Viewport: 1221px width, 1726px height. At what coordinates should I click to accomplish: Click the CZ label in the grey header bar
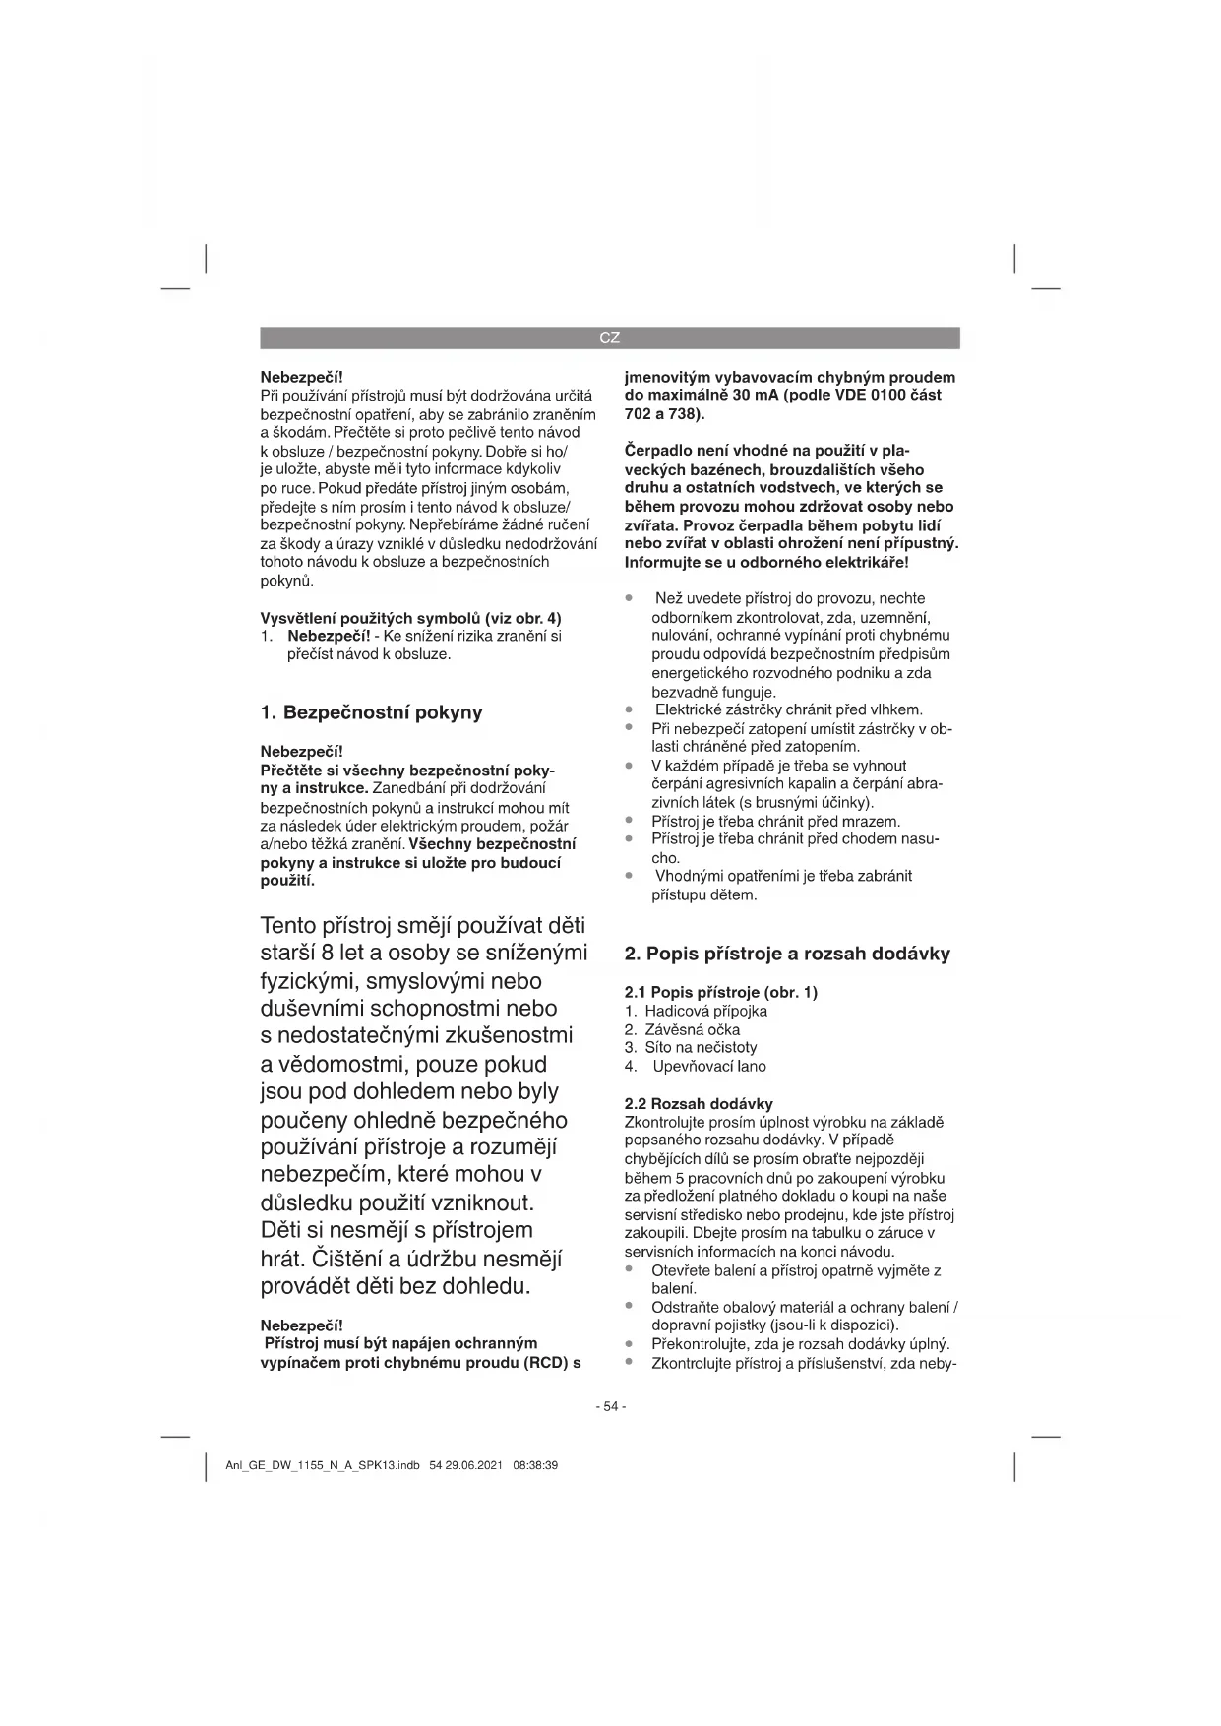[x=609, y=338]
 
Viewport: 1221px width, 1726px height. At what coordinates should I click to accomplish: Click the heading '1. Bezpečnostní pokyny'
[x=372, y=712]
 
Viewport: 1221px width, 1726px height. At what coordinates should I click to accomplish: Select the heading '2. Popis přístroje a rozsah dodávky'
[x=787, y=954]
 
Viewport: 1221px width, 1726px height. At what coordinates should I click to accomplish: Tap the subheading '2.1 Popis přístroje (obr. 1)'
[x=721, y=992]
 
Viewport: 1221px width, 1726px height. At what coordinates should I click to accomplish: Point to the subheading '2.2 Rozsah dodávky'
[x=699, y=1103]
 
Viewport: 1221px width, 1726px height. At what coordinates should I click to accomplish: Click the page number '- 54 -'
[x=610, y=1406]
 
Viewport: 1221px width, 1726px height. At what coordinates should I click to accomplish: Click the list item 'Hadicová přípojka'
[x=705, y=1011]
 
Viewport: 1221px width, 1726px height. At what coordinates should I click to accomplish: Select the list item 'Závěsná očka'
[x=692, y=1029]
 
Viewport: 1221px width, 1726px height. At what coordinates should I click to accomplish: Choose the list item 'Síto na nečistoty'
[x=701, y=1047]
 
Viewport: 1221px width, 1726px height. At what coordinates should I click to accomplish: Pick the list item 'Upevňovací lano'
[x=708, y=1066]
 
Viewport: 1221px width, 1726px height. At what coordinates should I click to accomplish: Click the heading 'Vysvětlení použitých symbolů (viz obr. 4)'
[x=410, y=618]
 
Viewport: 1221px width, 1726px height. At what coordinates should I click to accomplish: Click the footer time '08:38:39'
[x=535, y=1465]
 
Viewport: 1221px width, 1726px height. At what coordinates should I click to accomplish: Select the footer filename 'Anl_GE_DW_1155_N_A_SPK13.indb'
[x=323, y=1465]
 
